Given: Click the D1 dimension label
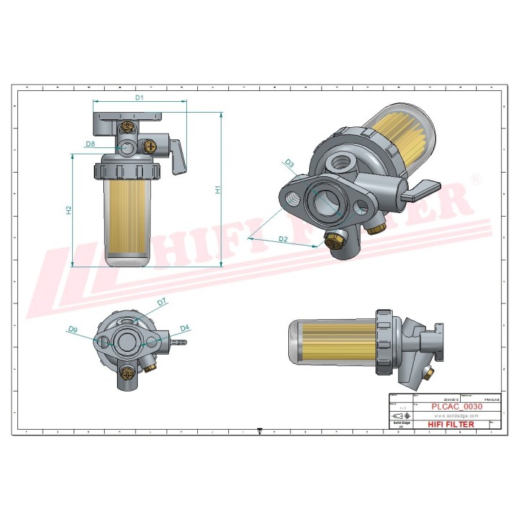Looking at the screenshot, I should pos(140,96).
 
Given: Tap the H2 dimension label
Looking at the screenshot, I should pos(69,210).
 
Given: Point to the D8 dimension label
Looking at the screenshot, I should pos(90,144).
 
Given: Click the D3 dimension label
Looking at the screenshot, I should pos(289,164).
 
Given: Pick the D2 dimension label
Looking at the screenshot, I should pos(283,238).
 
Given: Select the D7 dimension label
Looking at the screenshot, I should pos(162,301).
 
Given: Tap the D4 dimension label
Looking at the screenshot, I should pos(184,328).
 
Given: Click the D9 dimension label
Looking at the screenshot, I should pos(73,329).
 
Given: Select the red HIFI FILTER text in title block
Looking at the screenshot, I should pos(451,425).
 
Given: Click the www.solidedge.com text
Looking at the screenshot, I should pos(453,416).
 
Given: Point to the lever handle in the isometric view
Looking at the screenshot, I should pos(419,191).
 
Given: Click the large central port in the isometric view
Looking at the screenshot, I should pos(322,205).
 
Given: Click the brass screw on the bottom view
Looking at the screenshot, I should pos(127,373).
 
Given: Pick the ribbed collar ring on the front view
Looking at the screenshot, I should pos(127,171).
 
